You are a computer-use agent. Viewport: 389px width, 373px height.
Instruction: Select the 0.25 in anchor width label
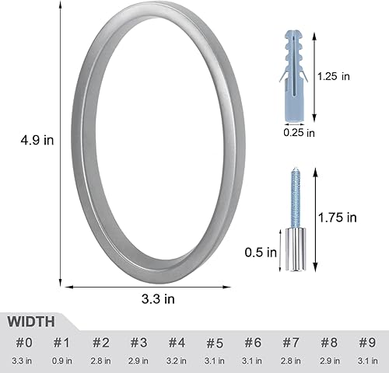pos(299,133)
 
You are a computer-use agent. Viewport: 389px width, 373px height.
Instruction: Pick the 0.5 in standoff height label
pos(260,251)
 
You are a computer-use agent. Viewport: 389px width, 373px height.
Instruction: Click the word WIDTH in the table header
pos(32,321)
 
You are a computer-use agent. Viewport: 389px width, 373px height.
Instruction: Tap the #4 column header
pos(177,342)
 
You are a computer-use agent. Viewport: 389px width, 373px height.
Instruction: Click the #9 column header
pos(366,342)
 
